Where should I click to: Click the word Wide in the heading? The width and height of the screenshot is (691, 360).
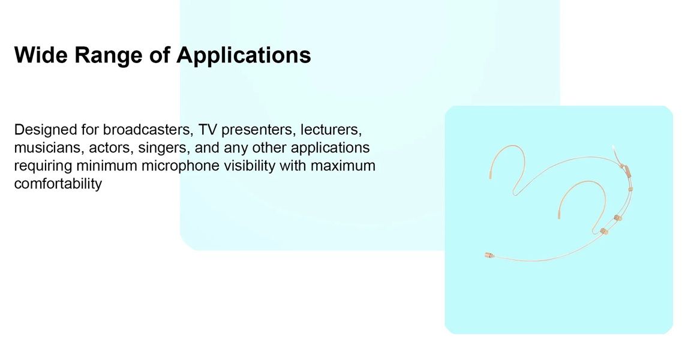pyautogui.click(x=41, y=55)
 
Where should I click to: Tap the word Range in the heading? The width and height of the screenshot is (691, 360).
pyautogui.click(x=109, y=56)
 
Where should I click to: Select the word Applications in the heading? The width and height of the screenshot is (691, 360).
pyautogui.click(x=244, y=56)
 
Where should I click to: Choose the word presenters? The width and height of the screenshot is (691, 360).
pyautogui.click(x=259, y=130)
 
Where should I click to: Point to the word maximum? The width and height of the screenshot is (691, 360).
pyautogui.click(x=343, y=166)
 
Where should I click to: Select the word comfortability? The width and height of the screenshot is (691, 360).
pyautogui.click(x=58, y=184)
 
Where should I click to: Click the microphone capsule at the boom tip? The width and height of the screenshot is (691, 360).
pyautogui.click(x=489, y=255)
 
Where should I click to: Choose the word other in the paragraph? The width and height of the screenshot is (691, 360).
pyautogui.click(x=269, y=148)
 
